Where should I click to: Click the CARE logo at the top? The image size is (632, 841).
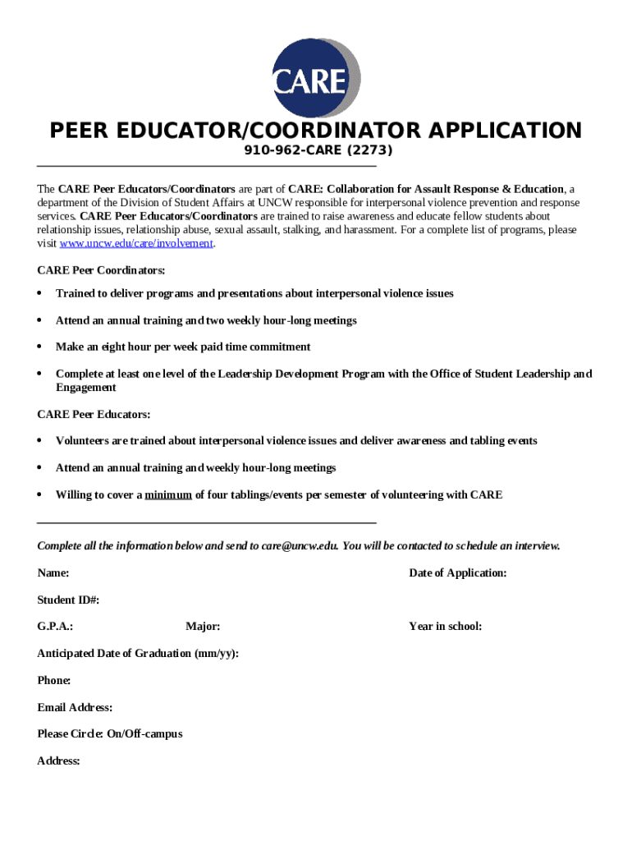pos(316,78)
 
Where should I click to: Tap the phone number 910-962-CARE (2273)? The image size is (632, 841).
pos(318,151)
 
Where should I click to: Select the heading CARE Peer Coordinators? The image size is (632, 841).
pos(101,270)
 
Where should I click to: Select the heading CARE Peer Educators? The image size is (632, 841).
pos(94,415)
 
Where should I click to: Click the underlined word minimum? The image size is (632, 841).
pos(168,495)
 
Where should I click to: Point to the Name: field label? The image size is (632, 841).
pos(53,573)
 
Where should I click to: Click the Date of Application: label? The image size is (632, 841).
pos(457,573)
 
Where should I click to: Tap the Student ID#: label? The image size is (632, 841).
pos(68,600)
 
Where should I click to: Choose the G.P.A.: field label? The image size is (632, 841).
pos(55,627)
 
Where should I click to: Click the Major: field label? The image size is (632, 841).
pos(203,627)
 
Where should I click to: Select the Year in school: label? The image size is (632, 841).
pos(445,627)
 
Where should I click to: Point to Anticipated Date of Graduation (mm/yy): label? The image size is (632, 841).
pos(138,654)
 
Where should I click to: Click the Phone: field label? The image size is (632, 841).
pos(53,681)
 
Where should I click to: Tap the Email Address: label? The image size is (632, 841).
pos(75,708)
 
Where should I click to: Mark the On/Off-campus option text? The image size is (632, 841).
pos(144,734)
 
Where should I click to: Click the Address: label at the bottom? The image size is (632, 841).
pos(58,761)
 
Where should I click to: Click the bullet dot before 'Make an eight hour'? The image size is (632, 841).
pos(40,347)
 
